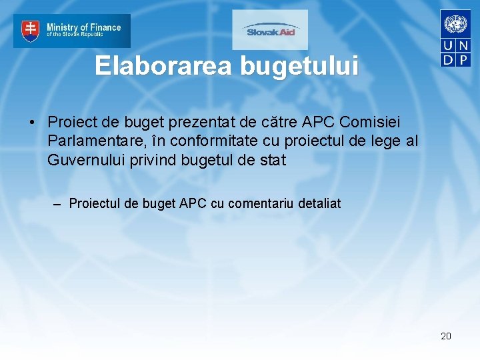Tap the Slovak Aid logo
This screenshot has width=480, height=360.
point(270,30)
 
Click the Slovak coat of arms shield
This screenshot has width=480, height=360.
point(31,30)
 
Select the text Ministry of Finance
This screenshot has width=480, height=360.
point(83,27)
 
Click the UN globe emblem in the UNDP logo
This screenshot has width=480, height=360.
point(456,25)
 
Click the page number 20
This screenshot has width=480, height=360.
point(446,336)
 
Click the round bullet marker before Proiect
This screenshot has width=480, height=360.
point(31,123)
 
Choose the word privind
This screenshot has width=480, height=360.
point(148,160)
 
